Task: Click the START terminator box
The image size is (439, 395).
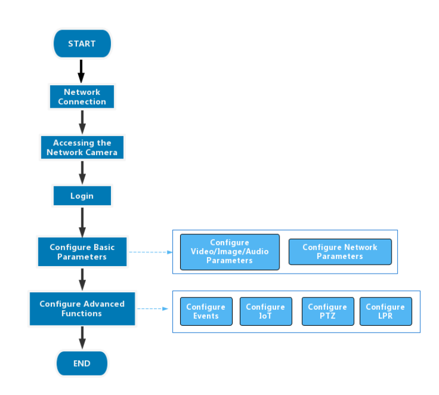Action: tap(82, 44)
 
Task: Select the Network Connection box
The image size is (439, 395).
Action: tap(82, 97)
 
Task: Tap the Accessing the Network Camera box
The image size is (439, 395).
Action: tap(82, 147)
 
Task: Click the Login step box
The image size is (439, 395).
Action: tap(82, 196)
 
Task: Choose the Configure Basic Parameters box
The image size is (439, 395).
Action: tap(82, 252)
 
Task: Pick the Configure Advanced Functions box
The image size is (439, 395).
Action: tap(82, 309)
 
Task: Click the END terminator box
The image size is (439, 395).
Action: tap(82, 364)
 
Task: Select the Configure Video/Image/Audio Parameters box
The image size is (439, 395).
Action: tap(229, 252)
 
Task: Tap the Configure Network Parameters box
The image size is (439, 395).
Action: tap(340, 252)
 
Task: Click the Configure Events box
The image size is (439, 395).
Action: tap(206, 311)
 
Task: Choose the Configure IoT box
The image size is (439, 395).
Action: tap(266, 311)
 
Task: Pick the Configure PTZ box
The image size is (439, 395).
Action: tap(327, 311)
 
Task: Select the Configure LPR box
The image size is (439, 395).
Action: tap(385, 311)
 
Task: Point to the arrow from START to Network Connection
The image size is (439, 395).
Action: tap(81, 70)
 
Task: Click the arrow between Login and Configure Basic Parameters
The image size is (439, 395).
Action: tap(82, 221)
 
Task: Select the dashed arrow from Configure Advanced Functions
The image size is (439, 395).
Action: tap(152, 309)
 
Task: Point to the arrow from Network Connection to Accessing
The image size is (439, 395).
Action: tap(82, 121)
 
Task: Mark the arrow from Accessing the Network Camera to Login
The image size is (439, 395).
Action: tap(82, 171)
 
